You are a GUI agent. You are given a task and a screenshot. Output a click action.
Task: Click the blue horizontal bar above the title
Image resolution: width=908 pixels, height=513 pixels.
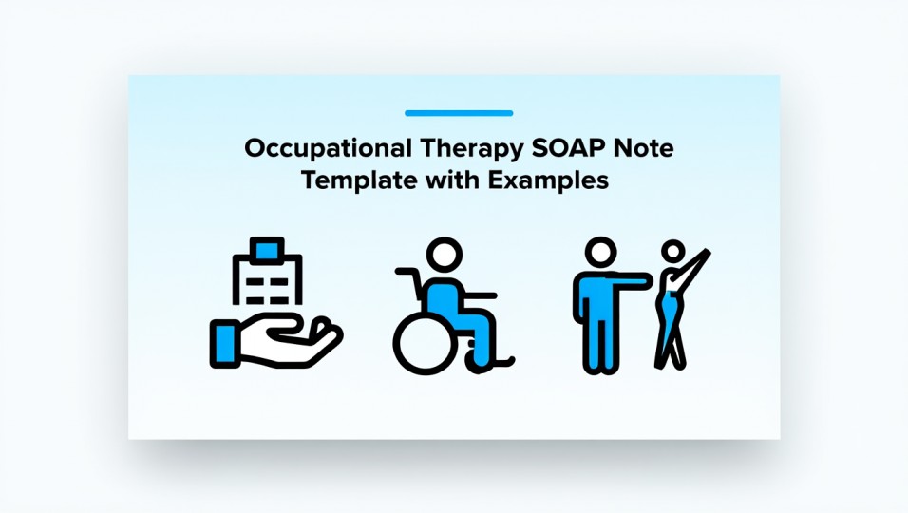coord(459,113)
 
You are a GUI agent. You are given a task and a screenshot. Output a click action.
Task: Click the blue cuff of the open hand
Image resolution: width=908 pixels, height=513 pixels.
coord(226,339)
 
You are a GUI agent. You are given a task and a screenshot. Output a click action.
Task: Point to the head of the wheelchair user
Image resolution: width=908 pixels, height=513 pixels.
coord(443,255)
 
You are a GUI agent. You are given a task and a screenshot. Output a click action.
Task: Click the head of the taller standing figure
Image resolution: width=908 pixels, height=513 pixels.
coord(600,255)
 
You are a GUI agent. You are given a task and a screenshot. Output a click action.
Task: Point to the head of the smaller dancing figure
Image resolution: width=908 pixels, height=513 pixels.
coord(672,252)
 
